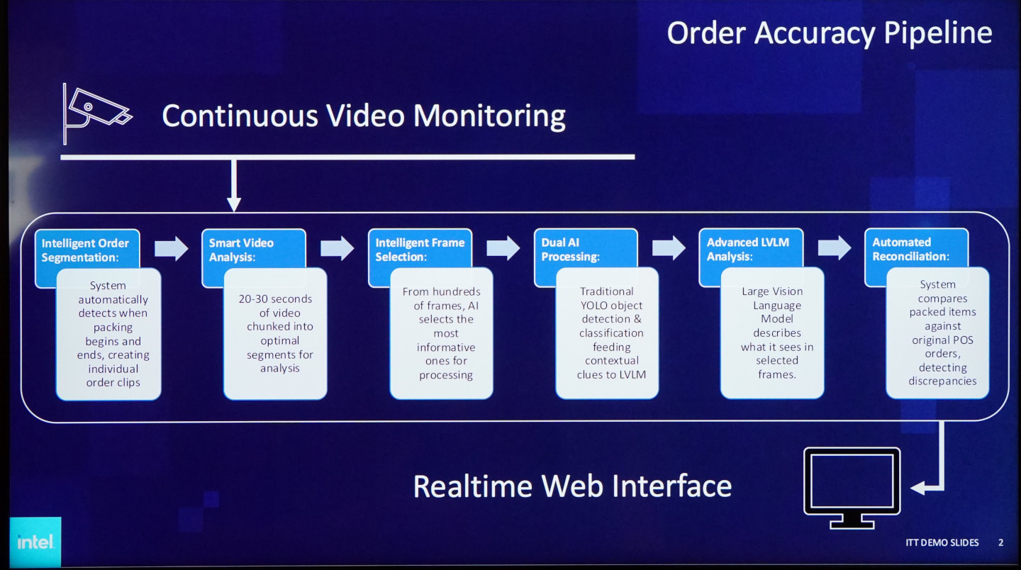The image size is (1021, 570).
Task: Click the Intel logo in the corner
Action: pos(35,542)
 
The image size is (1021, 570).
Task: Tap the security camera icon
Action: pos(96,112)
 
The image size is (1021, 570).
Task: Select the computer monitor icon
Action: pos(852,486)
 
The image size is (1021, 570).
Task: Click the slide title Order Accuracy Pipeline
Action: pos(829,33)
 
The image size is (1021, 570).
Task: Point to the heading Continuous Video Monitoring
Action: pos(363,116)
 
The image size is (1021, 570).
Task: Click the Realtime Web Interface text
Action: pos(572,486)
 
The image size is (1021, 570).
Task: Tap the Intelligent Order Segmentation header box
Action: pos(87,250)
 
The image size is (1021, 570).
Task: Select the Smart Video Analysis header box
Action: pos(253,249)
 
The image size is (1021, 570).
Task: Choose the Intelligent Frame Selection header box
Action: pos(420,249)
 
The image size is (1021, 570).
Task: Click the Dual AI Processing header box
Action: pos(585,249)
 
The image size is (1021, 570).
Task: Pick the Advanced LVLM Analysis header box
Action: pos(750,249)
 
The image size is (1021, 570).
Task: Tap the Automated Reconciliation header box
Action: pos(915,249)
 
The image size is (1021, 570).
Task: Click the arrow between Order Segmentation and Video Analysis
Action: pos(171,248)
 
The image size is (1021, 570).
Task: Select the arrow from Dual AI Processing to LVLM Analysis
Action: pos(669,248)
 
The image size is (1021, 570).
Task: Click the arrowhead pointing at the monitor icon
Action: pos(917,488)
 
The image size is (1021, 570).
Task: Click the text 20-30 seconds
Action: pos(275,299)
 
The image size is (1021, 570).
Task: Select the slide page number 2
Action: pos(1000,542)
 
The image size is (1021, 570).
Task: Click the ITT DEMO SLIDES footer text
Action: pos(942,542)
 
